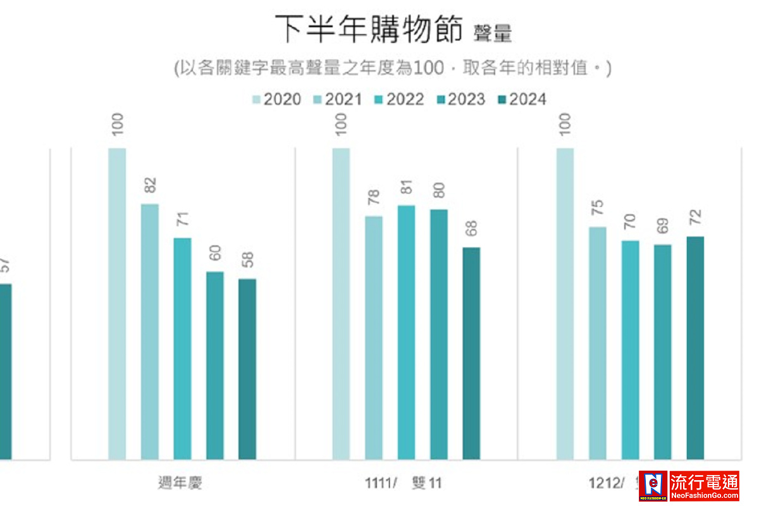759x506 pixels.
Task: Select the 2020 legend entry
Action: point(276,99)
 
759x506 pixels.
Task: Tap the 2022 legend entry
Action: point(398,99)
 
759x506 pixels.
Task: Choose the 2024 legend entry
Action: point(521,99)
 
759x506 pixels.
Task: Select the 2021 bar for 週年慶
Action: point(150,331)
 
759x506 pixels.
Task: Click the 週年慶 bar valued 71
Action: point(182,348)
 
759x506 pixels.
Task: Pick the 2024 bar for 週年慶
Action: point(247,369)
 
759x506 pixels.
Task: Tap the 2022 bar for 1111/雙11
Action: point(406,332)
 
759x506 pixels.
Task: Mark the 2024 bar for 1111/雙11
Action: point(471,353)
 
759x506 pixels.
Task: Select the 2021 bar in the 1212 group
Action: point(598,343)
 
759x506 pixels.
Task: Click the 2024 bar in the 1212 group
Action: point(695,348)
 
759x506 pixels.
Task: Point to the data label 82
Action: point(150,186)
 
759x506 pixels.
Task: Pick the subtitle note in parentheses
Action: point(392,68)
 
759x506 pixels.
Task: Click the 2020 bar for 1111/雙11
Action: point(341,304)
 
